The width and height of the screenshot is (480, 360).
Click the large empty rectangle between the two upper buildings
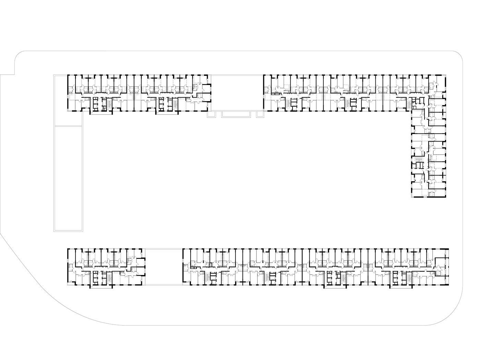pyautogui.click(x=237, y=93)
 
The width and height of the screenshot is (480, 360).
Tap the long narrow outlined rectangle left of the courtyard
pyautogui.click(x=68, y=178)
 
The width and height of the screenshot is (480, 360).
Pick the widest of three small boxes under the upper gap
pyautogui.click(x=237, y=114)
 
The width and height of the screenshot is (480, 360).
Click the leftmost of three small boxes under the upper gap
pyautogui.click(x=212, y=114)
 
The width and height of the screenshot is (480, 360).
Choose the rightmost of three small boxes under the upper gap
pyautogui.click(x=260, y=114)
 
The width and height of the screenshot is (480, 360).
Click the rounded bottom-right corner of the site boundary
pyautogui.click(x=449, y=314)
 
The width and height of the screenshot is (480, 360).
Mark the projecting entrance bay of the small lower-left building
pyautogui.click(x=101, y=286)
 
